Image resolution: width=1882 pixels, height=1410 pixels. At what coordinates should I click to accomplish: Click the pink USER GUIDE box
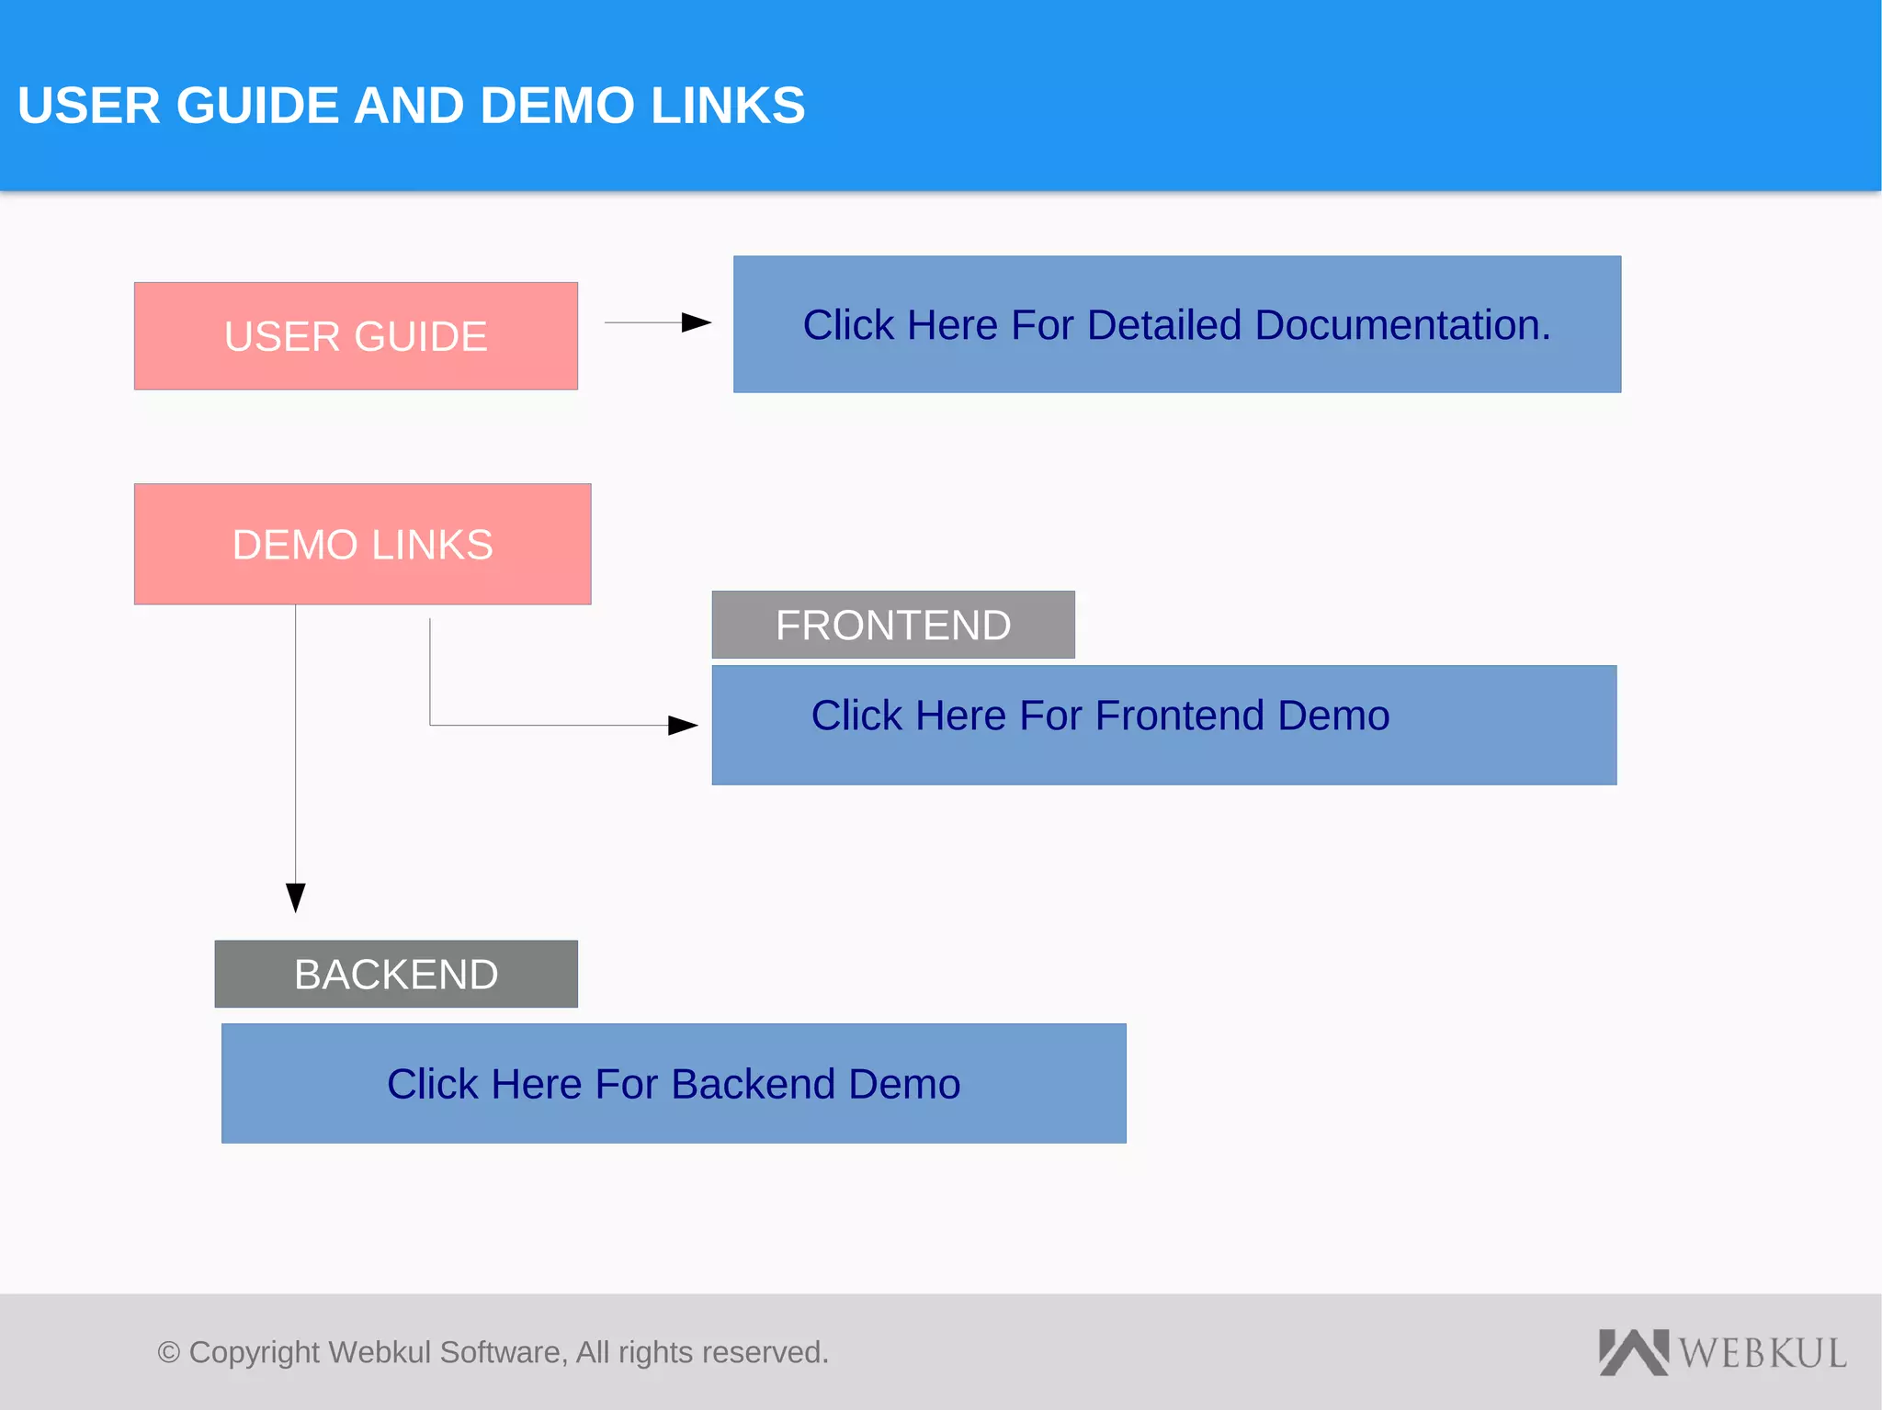coord(356,336)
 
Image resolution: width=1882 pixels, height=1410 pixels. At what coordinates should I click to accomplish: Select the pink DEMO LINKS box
coord(362,544)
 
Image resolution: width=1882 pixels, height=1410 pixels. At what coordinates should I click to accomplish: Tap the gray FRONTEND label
coord(892,626)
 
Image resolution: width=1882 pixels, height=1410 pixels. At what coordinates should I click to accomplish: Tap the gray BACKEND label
coord(396,975)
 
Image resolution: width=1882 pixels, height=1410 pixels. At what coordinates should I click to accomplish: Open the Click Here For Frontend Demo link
coord(1100,716)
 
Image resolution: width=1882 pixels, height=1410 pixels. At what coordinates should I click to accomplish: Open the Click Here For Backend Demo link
coord(673,1084)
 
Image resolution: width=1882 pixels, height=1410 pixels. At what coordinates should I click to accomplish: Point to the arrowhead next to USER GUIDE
coord(697,322)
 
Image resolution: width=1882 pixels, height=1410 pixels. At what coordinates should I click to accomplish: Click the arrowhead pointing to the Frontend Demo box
coord(683,726)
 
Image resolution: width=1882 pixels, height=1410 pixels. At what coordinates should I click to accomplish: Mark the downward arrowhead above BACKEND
coord(295,897)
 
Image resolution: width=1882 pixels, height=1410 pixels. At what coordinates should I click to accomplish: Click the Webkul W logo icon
coord(1633,1352)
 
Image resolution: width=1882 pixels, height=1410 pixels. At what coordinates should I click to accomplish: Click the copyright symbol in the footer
coord(168,1353)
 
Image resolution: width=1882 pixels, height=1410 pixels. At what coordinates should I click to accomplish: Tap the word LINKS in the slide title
coord(728,106)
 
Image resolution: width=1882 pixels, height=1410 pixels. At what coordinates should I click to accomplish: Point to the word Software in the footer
coord(503,1353)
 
